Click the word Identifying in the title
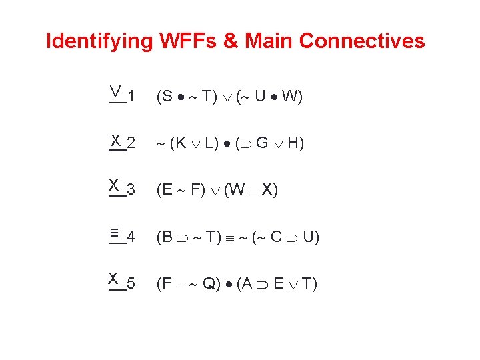[99, 41]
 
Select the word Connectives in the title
[362, 41]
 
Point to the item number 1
[131, 97]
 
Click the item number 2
[131, 143]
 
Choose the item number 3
[131, 190]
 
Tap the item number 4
[131, 237]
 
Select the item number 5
[131, 284]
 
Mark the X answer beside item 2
[116, 140]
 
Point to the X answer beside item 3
[114, 185]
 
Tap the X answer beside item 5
[114, 278]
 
